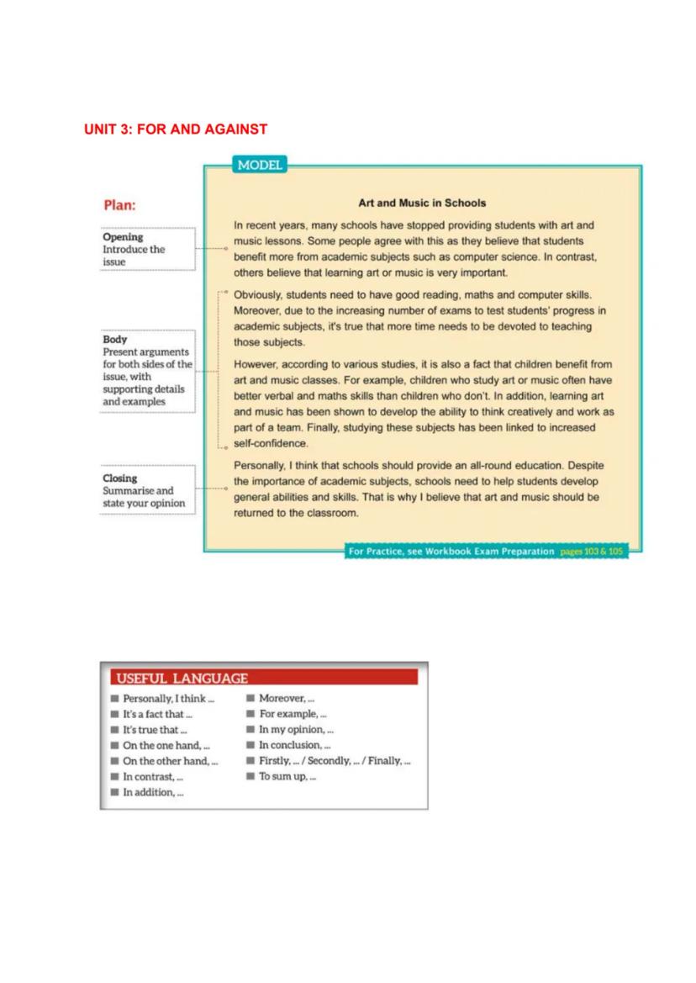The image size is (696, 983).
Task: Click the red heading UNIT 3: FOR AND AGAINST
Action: [x=175, y=129]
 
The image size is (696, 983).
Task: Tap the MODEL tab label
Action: [x=260, y=166]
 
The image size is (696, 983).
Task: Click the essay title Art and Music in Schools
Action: [x=422, y=203]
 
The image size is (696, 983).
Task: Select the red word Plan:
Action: [x=119, y=205]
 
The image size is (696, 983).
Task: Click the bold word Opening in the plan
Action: [x=123, y=237]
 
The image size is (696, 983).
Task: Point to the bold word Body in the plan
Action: [x=115, y=340]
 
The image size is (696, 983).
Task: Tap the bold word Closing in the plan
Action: [x=120, y=478]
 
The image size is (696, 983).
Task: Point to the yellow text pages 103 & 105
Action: [x=593, y=552]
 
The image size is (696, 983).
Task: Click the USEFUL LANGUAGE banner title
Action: [x=182, y=679]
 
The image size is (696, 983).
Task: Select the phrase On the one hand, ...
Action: [x=166, y=745]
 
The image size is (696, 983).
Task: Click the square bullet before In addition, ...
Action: [x=114, y=792]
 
